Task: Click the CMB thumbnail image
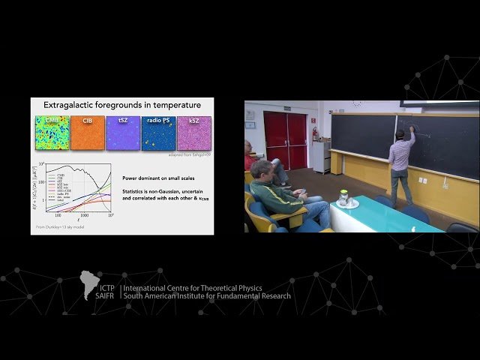(52, 132)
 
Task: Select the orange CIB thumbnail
(88, 132)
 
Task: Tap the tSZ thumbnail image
(123, 132)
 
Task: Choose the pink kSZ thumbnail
(193, 132)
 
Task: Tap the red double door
(285, 139)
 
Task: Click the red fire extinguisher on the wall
(315, 134)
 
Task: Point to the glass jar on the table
(343, 198)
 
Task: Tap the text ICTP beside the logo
(104, 288)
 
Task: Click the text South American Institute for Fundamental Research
(207, 295)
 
